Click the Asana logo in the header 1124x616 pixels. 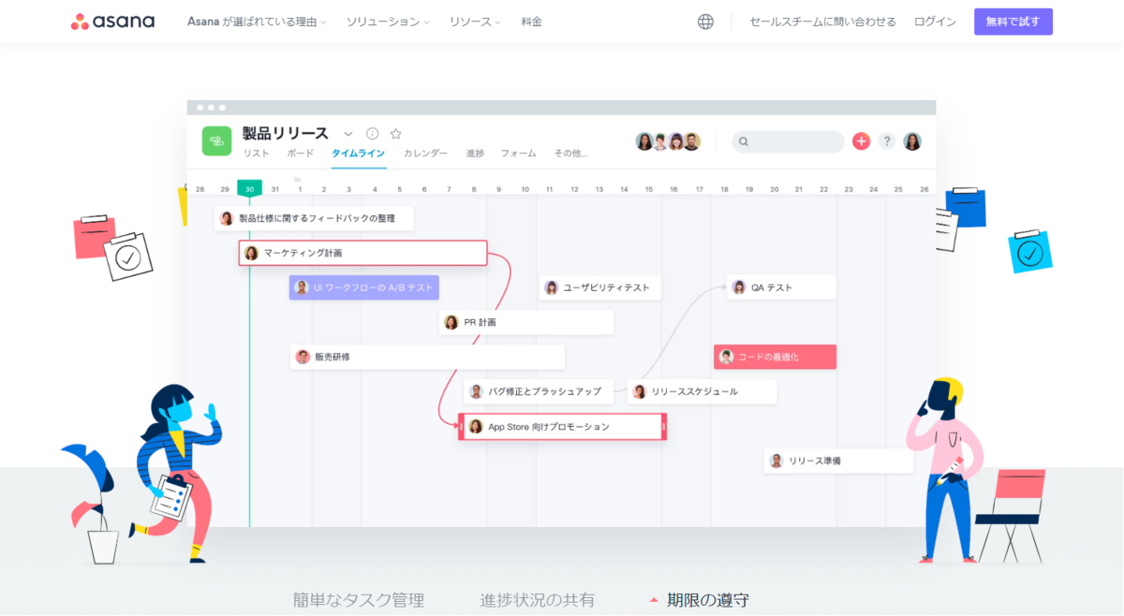click(x=112, y=22)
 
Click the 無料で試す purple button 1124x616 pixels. click(x=1013, y=22)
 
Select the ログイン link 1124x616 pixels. click(x=935, y=22)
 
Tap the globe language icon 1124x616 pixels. click(x=705, y=22)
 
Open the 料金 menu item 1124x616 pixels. click(x=531, y=22)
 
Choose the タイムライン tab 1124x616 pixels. click(x=359, y=154)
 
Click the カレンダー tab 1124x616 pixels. click(x=425, y=154)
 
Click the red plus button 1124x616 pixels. click(x=861, y=141)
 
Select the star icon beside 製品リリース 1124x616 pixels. click(x=395, y=134)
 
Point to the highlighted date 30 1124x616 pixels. click(x=249, y=189)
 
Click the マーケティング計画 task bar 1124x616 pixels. click(x=363, y=253)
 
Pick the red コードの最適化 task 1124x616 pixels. click(x=775, y=357)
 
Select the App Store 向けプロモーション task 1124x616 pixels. click(x=562, y=427)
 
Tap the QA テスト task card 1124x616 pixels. click(x=781, y=287)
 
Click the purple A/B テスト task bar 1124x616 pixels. click(x=363, y=287)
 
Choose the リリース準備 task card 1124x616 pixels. click(x=837, y=461)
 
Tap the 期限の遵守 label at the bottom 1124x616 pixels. click(x=707, y=600)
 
